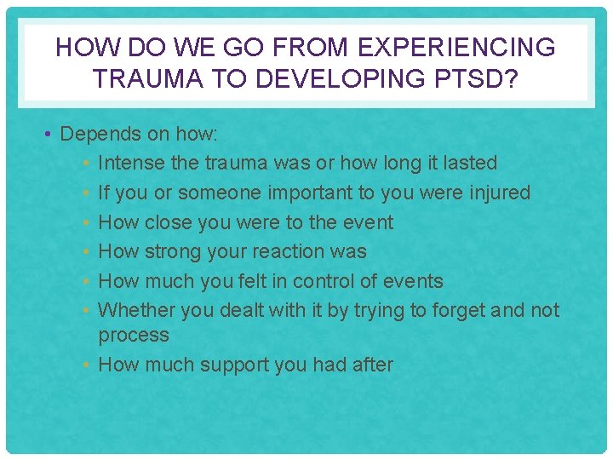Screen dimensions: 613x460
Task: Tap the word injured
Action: pos(499,193)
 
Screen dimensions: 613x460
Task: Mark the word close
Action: pos(168,222)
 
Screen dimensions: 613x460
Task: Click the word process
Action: pos(134,336)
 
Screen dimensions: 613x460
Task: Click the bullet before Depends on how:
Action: pos(50,135)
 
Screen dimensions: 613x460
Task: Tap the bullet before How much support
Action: pos(89,365)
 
